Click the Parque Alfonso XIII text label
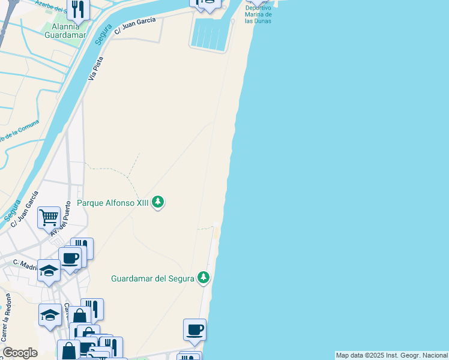[x=112, y=202]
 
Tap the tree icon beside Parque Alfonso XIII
[x=158, y=202]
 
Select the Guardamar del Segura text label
[x=152, y=278]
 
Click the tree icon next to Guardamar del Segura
[x=204, y=277]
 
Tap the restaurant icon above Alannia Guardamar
[x=77, y=8]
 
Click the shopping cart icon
[x=49, y=217]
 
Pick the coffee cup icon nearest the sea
[x=194, y=329]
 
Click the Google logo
[x=20, y=353]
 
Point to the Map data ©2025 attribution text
[x=391, y=355]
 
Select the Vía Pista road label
[x=95, y=70]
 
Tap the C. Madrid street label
[x=25, y=265]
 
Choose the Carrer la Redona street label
[x=7, y=320]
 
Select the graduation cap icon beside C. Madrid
[x=49, y=269]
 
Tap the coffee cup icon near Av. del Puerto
[x=70, y=259]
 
